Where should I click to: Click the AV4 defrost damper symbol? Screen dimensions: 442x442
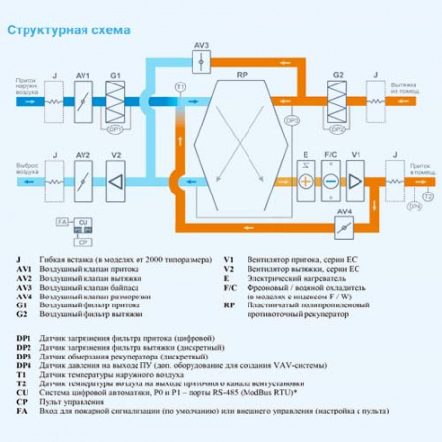(x=343, y=225)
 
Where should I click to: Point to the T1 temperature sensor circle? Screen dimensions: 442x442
(x=179, y=88)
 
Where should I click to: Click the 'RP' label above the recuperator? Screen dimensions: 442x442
(x=242, y=75)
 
